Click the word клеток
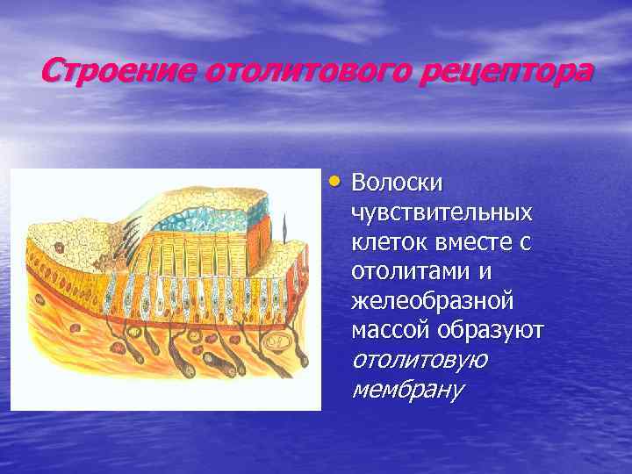[x=384, y=242]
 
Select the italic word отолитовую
[x=420, y=361]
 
